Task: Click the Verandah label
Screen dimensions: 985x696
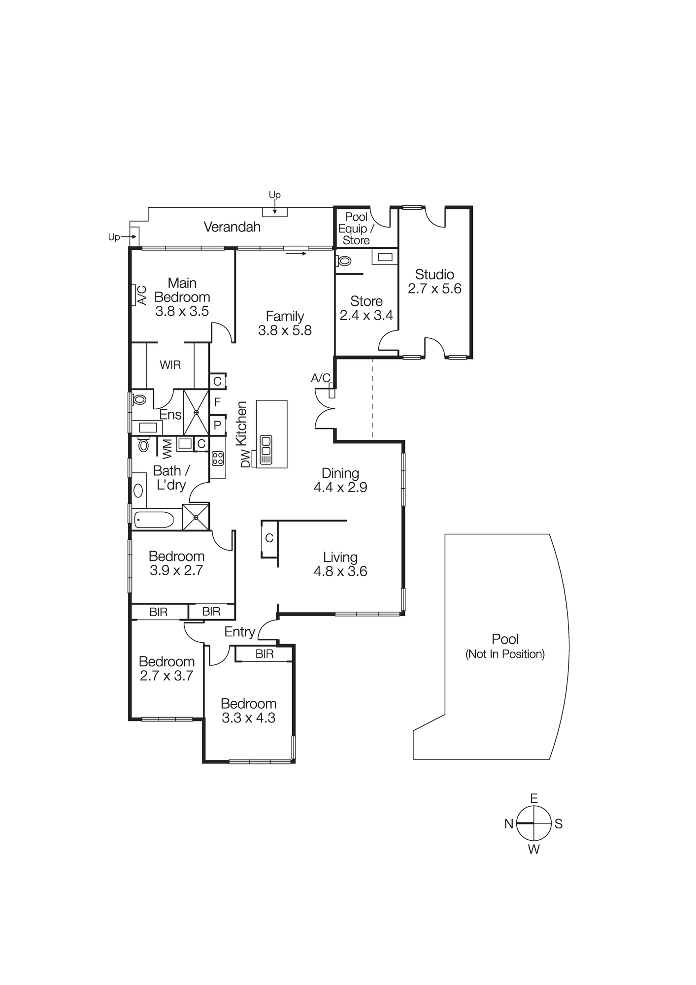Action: coord(232,227)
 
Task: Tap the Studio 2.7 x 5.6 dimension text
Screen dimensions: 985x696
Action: coord(434,289)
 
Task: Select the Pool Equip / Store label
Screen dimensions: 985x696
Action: coord(356,229)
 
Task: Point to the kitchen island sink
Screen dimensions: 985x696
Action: coord(265,450)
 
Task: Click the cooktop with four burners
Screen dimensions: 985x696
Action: coord(217,459)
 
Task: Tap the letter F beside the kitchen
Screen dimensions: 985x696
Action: coord(217,402)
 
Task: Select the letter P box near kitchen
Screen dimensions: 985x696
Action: coord(217,425)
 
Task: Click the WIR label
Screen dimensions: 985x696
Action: coord(170,365)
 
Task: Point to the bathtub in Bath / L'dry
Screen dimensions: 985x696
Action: coord(154,520)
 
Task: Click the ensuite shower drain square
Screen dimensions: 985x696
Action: coord(196,412)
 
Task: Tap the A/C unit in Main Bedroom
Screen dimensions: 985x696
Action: coord(133,295)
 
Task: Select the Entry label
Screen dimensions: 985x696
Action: coord(239,632)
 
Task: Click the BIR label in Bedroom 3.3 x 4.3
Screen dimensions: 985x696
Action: coord(265,654)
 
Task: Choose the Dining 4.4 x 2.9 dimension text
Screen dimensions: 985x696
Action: coord(340,487)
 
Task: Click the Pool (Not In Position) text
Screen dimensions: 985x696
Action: coord(505,646)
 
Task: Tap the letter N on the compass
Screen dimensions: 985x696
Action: coord(509,823)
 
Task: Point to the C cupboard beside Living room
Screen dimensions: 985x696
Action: coord(269,538)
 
